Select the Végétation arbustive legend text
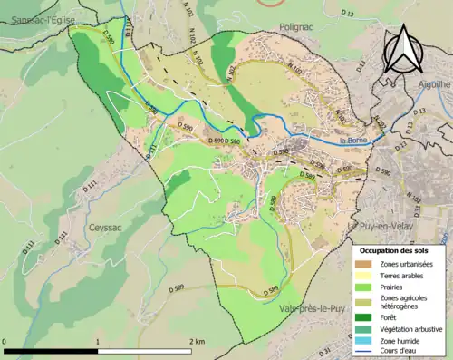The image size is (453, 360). point(412,329)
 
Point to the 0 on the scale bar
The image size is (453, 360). point(5,342)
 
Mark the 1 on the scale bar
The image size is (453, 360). point(98,342)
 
